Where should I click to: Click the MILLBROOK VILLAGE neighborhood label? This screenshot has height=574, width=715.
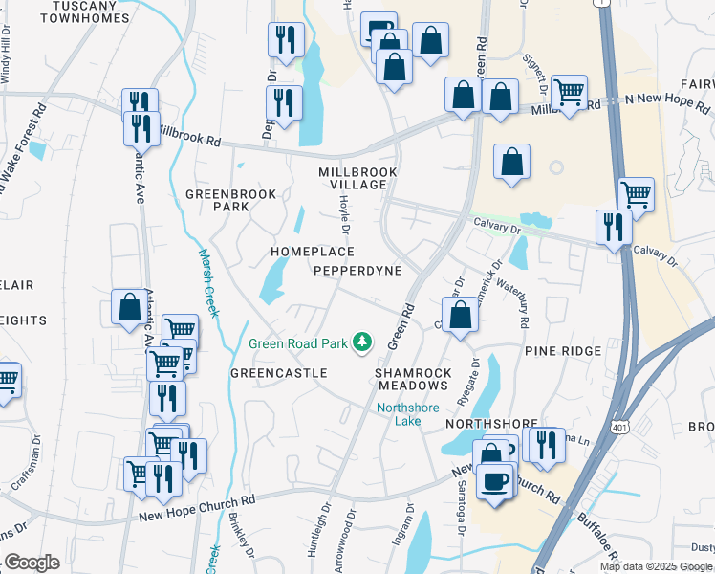[x=357, y=179]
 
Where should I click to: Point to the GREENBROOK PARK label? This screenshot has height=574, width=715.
[x=230, y=200]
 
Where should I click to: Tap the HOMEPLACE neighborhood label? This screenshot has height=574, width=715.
[x=313, y=252]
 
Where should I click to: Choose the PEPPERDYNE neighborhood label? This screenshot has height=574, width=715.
[x=358, y=271]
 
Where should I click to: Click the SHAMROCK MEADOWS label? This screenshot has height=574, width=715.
[x=411, y=378]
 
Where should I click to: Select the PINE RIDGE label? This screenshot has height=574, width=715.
[x=563, y=351]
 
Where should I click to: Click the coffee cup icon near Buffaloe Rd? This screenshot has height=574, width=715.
[x=494, y=481]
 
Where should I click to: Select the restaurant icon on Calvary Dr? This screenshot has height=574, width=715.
[x=612, y=227]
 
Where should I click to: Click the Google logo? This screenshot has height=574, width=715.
[x=32, y=563]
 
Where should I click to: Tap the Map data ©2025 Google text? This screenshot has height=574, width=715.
[x=656, y=566]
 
